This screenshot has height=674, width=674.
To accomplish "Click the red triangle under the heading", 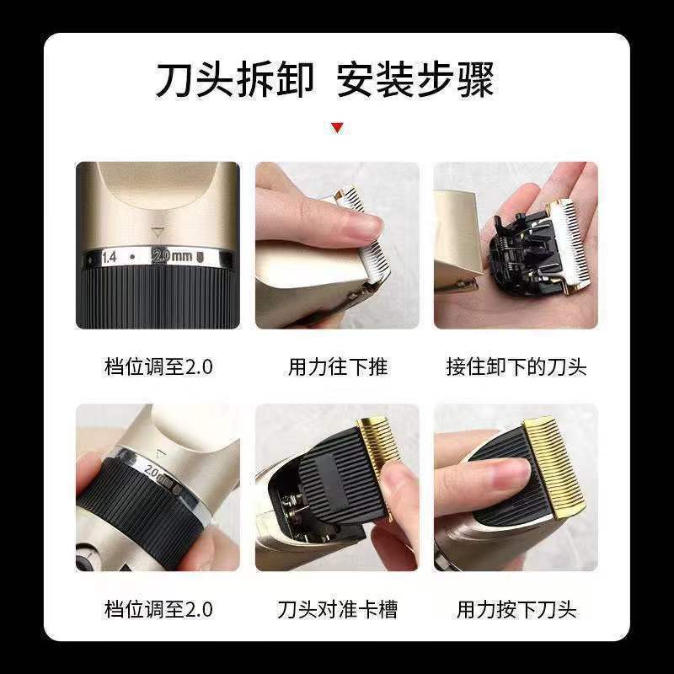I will [337, 128].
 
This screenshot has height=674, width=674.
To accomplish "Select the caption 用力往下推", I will [337, 367].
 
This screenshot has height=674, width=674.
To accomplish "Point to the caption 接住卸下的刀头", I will [516, 367].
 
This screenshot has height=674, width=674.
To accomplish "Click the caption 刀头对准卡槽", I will [337, 609].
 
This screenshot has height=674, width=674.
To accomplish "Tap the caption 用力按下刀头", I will [516, 609].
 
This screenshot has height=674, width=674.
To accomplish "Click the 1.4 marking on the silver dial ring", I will [110, 256].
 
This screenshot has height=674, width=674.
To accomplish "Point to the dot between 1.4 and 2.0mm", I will [132, 256].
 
